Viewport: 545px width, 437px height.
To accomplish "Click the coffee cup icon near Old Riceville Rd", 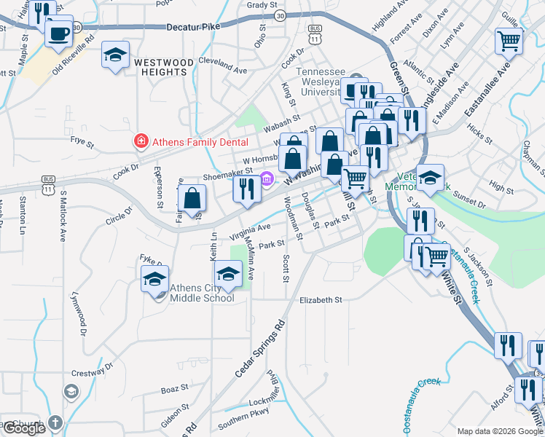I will click(58, 32).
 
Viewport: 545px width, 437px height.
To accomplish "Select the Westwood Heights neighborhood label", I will click(164, 68).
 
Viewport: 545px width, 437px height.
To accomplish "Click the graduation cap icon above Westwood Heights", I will click(115, 55).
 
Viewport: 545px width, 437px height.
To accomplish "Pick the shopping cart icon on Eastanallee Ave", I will click(509, 41).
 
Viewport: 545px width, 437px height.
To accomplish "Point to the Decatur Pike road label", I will click(193, 27).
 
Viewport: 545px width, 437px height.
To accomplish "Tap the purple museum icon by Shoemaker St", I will click(267, 178).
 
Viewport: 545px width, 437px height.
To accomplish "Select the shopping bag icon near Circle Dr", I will click(192, 198).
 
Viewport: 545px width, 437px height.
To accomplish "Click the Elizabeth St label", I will click(321, 300).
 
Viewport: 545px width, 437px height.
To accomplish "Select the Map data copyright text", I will click(500, 431).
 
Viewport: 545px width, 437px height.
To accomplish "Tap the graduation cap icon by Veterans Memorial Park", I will click(430, 178).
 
